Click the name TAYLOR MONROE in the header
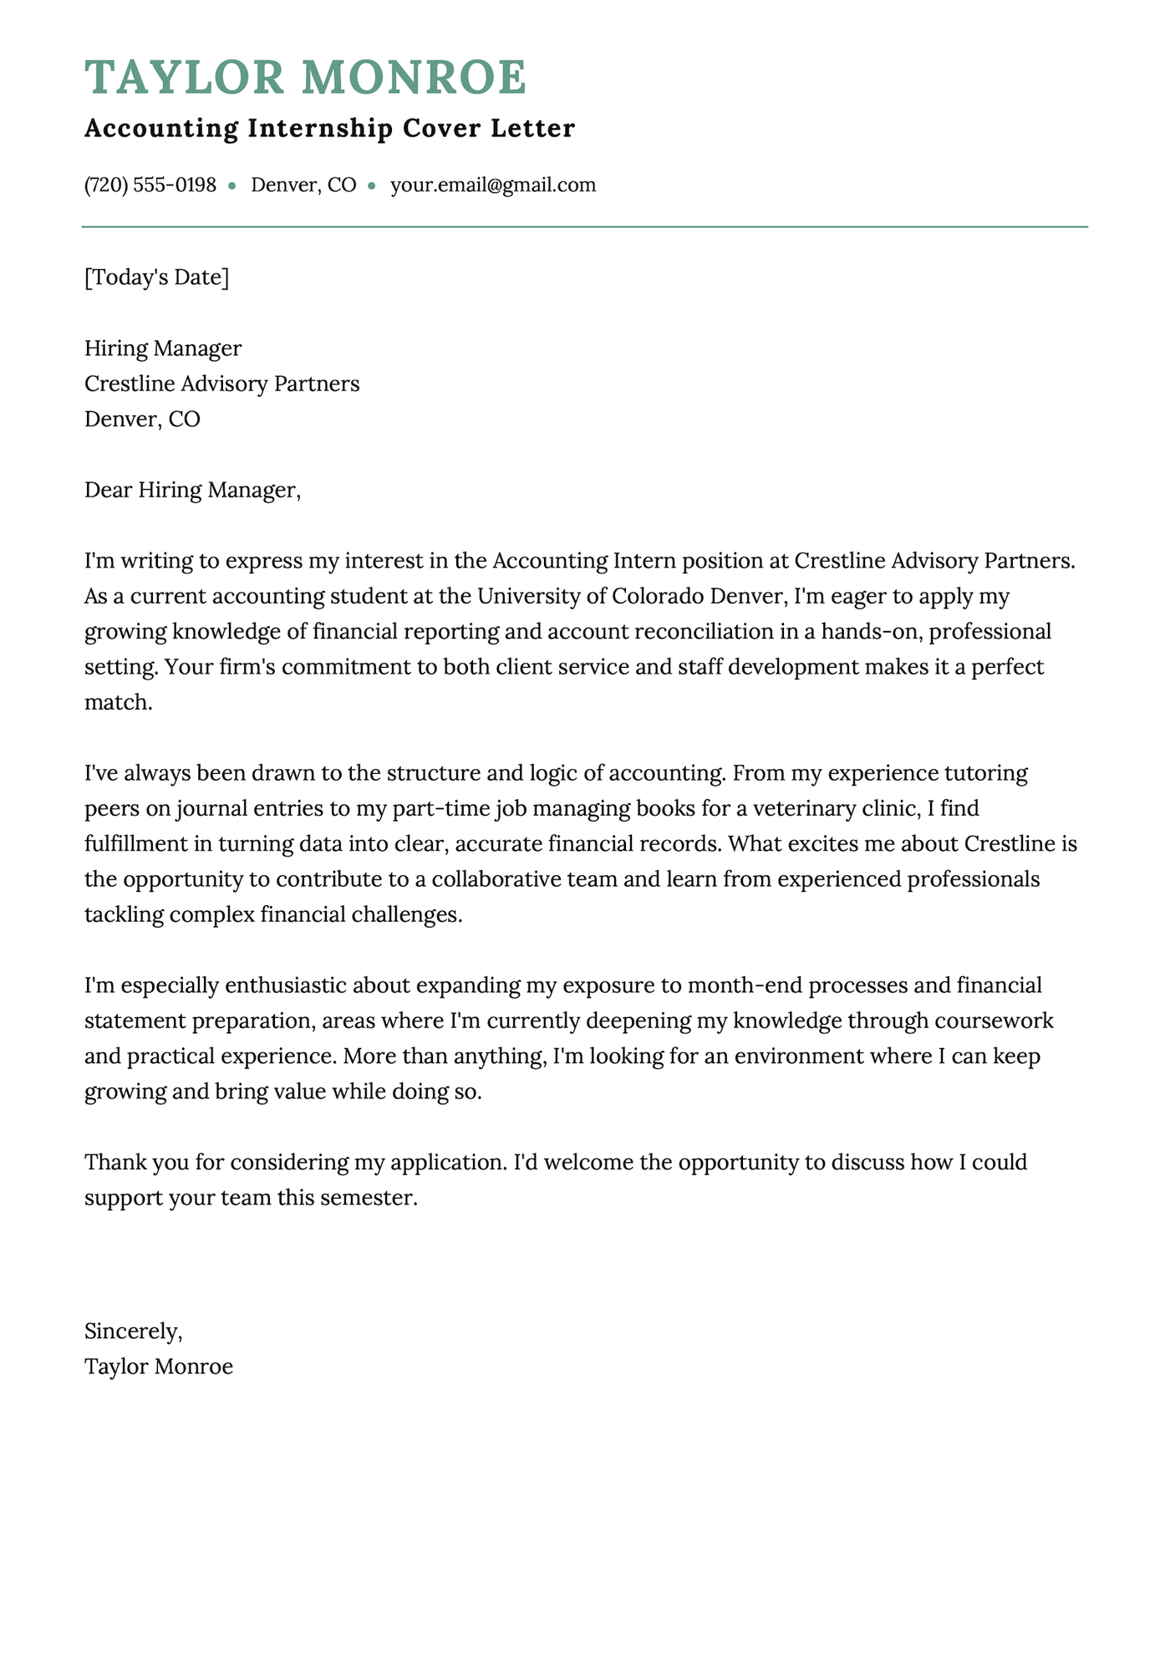(306, 78)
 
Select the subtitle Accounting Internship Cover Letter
(329, 129)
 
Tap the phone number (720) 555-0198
(150, 185)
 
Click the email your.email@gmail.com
(493, 185)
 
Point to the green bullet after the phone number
(232, 186)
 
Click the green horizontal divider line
(585, 227)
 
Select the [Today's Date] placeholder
(156, 277)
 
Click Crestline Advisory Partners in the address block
(221, 384)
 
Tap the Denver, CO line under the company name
(142, 419)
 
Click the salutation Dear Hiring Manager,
(192, 490)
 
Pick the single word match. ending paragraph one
(119, 703)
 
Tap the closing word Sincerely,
(133, 1331)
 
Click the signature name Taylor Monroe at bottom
(159, 1367)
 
